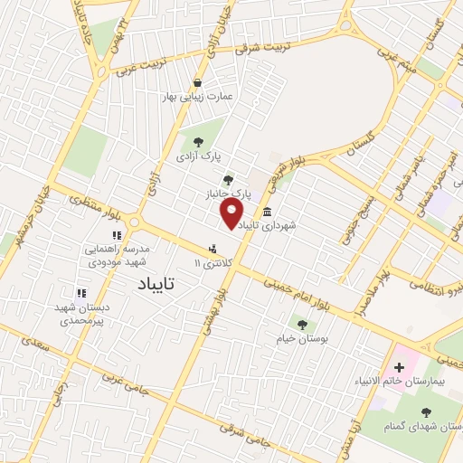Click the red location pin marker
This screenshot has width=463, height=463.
tap(232, 213)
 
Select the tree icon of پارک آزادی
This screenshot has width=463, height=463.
tap(198, 140)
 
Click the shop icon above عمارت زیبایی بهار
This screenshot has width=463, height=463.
tap(197, 82)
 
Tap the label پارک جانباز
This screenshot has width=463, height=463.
tap(226, 194)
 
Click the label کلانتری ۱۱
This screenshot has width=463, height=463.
tap(213, 262)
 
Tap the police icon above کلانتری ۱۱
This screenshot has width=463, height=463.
tap(213, 247)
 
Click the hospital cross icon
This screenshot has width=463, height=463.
tap(399, 365)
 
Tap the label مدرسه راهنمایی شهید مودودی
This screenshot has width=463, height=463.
tap(121, 253)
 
